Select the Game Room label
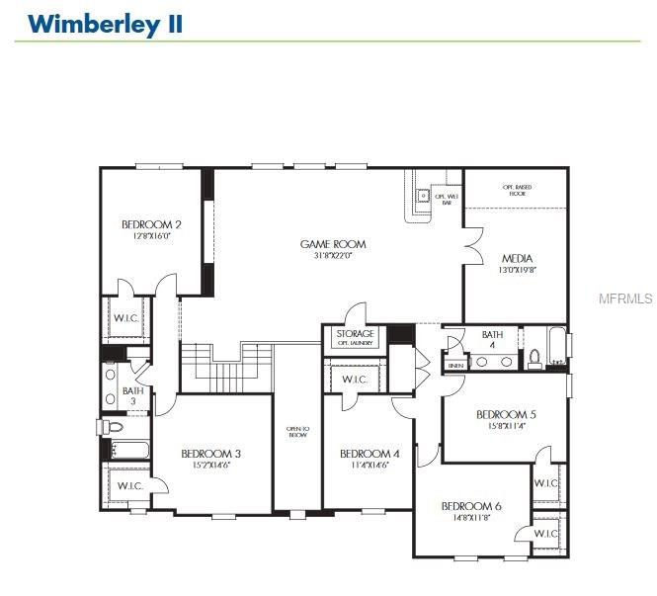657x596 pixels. click(x=333, y=243)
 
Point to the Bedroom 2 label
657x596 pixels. click(x=151, y=223)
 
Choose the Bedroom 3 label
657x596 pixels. click(x=211, y=454)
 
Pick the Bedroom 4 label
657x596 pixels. click(x=370, y=454)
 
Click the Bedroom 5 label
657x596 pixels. click(x=506, y=414)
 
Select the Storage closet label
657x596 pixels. click(x=355, y=334)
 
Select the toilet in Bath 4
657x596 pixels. click(x=534, y=358)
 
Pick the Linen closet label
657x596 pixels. click(x=455, y=366)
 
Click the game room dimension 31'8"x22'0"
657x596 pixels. click(x=333, y=255)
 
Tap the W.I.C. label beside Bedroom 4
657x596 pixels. click(x=355, y=380)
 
